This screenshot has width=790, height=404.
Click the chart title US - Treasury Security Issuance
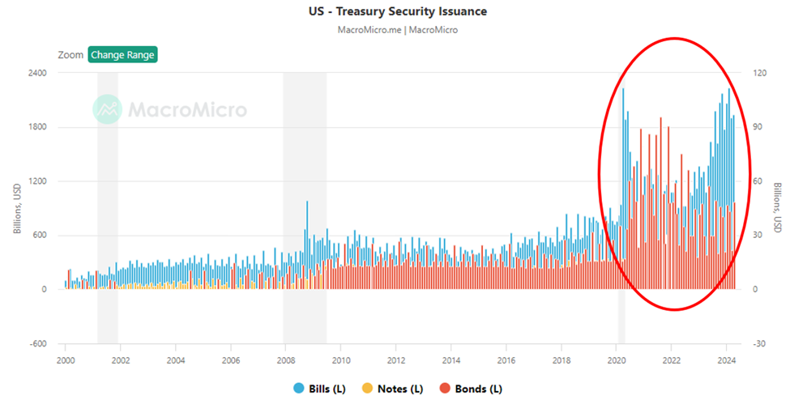pos(395,11)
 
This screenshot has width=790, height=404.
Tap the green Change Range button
pos(122,55)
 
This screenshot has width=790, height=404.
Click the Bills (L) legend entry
pos(320,389)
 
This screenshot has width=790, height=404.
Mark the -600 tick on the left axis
pos(36,343)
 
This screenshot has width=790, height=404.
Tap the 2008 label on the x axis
pos(285,360)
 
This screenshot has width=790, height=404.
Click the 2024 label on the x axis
pos(727,360)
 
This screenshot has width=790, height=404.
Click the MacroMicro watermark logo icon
pos(107,109)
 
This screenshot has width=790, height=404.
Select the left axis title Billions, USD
pos(17,208)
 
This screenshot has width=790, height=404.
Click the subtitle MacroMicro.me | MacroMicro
pos(395,30)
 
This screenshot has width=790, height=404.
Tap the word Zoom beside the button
pos(70,55)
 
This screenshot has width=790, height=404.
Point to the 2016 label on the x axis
pos(506,360)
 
